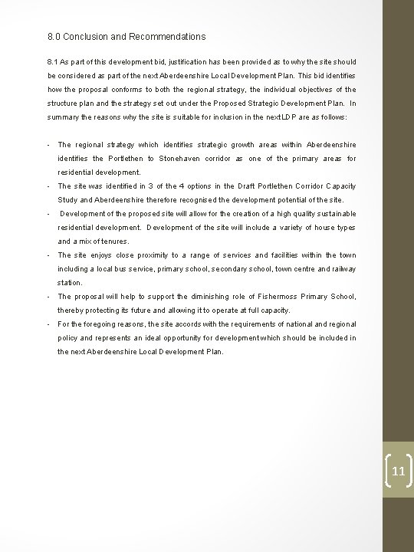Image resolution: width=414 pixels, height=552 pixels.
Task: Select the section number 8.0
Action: click(54, 36)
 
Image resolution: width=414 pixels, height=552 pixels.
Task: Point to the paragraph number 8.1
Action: click(54, 61)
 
